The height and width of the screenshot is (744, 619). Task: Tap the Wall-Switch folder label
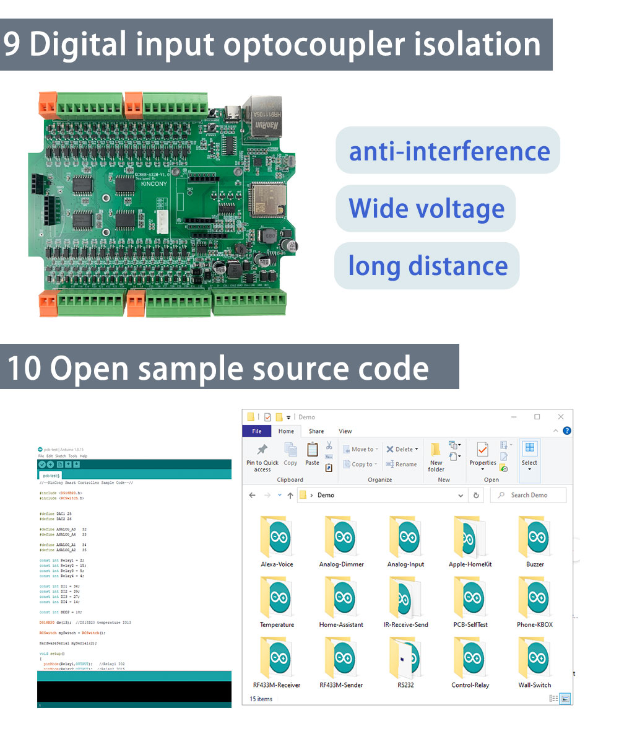(535, 685)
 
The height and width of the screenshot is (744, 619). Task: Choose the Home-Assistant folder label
(341, 624)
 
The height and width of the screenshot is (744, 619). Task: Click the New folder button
(436, 457)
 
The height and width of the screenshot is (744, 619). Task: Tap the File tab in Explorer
(257, 431)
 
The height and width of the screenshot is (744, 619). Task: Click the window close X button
(561, 417)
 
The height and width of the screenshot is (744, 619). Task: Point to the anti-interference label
(449, 151)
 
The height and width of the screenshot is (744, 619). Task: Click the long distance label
(428, 266)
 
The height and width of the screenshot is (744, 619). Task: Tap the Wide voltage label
(426, 208)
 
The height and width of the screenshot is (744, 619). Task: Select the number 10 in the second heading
(24, 368)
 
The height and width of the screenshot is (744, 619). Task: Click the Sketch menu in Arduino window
(61, 456)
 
